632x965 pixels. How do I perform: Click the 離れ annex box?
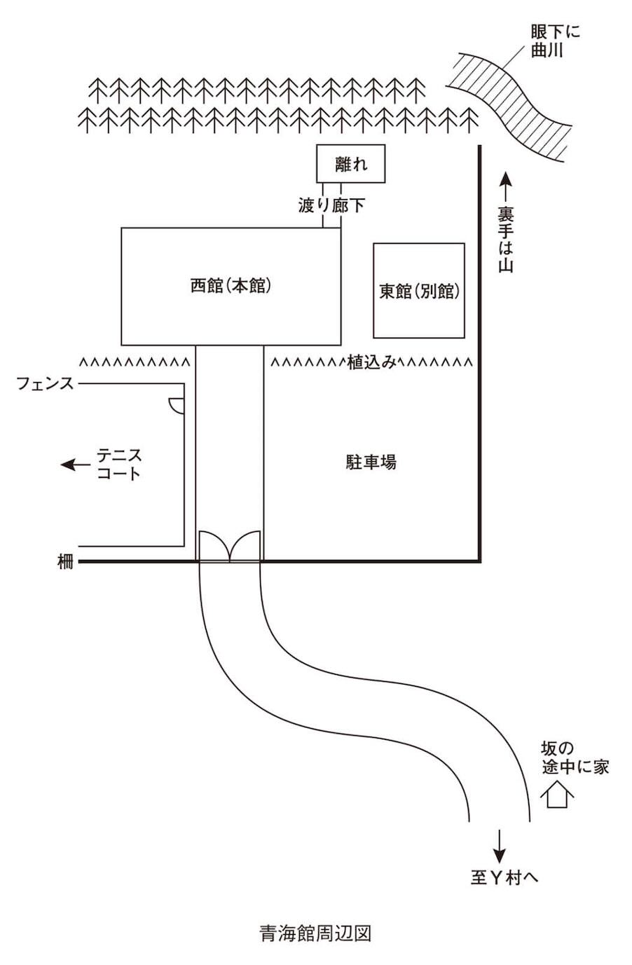351,164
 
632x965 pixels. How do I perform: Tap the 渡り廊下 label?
331,205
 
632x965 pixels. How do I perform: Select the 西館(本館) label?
231,286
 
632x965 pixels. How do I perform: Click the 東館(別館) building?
419,291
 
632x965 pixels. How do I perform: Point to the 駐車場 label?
371,462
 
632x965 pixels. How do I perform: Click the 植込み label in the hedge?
372,362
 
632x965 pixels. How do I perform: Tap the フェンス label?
45,384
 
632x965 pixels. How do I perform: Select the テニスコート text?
119,464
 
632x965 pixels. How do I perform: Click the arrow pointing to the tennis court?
75,465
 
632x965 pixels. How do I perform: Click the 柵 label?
65,561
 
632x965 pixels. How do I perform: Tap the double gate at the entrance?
230,547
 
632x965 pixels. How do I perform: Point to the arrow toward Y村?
499,845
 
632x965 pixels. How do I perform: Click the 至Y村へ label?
504,877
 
